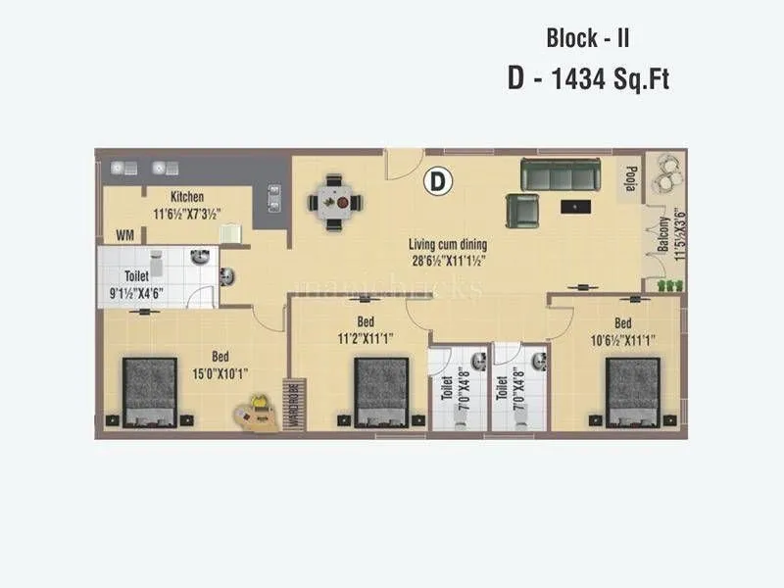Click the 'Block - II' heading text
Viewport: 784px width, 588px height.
click(587, 39)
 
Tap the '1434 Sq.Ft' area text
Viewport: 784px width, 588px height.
click(613, 79)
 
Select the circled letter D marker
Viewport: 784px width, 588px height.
click(437, 180)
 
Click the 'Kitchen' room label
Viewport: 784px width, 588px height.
click(186, 197)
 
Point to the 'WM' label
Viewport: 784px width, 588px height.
click(125, 235)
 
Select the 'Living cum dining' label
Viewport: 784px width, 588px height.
click(448, 245)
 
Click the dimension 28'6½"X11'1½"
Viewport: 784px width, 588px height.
click(448, 261)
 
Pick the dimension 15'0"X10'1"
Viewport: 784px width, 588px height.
click(214, 373)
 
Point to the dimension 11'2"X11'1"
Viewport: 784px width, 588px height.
click(365, 339)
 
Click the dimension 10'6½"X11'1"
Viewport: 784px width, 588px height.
click(623, 339)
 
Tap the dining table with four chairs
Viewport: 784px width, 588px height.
click(335, 202)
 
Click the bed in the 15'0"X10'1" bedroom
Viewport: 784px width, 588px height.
click(149, 391)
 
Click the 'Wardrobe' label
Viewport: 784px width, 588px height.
click(291, 402)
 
